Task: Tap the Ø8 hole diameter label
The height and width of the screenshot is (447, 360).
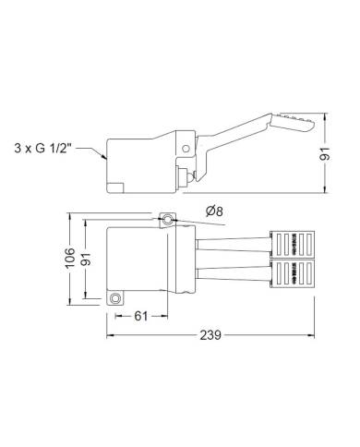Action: [212, 211]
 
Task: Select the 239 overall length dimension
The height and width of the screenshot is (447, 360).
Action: [210, 338]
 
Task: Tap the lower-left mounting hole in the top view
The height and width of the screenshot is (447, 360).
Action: [115, 298]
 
